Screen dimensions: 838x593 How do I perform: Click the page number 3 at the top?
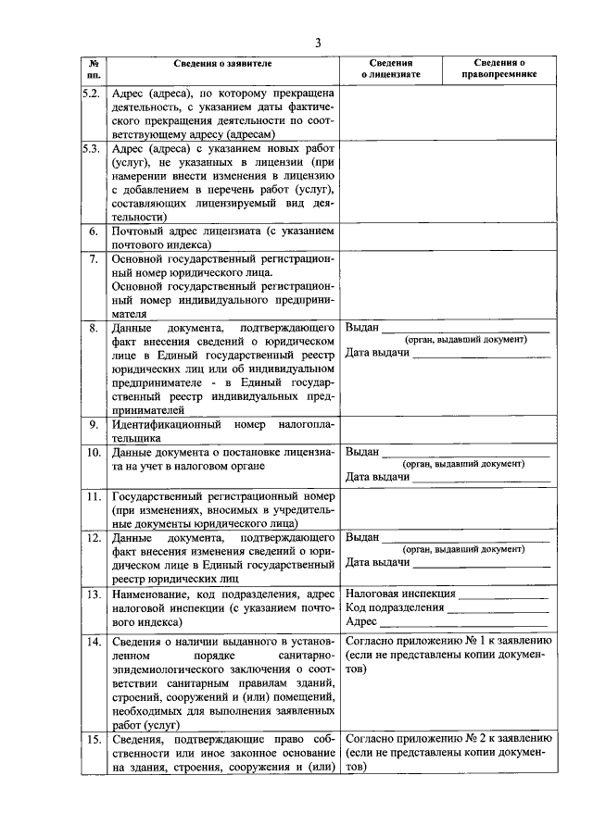pyautogui.click(x=317, y=43)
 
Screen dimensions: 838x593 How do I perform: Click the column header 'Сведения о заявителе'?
pyautogui.click(x=223, y=63)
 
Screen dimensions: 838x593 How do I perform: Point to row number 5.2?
pyautogui.click(x=93, y=94)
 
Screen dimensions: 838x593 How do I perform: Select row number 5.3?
pyautogui.click(x=93, y=148)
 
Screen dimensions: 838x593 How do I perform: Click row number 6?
pyautogui.click(x=94, y=230)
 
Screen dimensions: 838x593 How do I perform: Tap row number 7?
pyautogui.click(x=94, y=258)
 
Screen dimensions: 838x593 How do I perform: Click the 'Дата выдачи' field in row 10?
pyautogui.click(x=480, y=477)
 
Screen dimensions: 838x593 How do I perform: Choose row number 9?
pyautogui.click(x=94, y=424)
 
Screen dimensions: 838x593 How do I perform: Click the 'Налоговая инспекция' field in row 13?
pyautogui.click(x=501, y=594)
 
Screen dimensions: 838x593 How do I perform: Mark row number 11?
pyautogui.click(x=94, y=496)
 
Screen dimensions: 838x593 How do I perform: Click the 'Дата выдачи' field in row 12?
pyautogui.click(x=480, y=563)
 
